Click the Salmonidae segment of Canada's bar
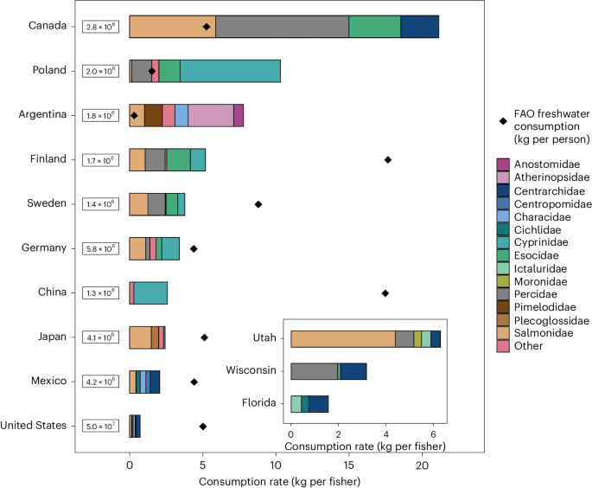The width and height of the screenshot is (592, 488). coord(172,27)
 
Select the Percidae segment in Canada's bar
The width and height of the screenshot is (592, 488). coord(282,27)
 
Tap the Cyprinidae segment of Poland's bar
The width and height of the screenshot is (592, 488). coord(230,71)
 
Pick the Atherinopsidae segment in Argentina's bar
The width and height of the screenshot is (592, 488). coord(211,115)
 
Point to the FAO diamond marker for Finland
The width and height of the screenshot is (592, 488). coord(388,159)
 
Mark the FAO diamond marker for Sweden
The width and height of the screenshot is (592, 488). coord(258,204)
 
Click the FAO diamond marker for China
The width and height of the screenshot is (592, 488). coord(385,293)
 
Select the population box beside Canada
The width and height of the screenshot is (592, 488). coord(99,27)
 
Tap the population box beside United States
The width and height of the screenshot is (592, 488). coord(99,427)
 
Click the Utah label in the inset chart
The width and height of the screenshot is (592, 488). coord(263,339)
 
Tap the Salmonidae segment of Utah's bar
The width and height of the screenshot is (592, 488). coord(342,339)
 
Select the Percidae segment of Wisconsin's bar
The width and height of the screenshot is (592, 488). coord(314,371)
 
